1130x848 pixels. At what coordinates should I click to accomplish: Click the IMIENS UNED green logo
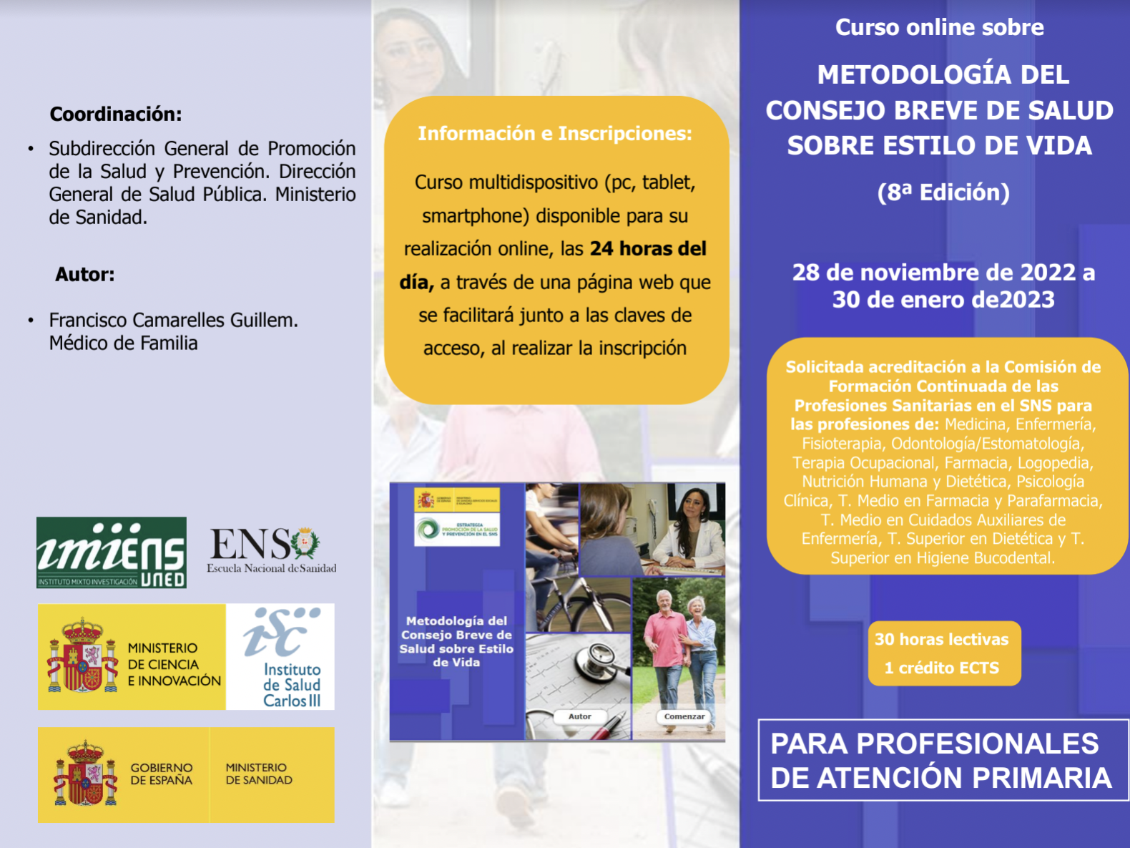click(112, 552)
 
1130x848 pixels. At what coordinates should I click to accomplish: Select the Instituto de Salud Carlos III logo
click(280, 657)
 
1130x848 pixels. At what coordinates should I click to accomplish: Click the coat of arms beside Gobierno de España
click(86, 774)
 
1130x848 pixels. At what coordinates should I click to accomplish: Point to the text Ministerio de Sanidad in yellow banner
click(259, 774)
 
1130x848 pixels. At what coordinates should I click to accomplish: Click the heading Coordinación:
click(116, 114)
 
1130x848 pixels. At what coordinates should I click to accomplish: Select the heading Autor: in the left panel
click(85, 275)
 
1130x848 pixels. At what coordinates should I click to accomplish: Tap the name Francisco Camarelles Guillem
click(173, 320)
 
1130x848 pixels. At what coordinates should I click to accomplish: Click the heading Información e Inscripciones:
click(555, 134)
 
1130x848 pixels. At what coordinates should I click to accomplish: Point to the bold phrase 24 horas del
click(648, 249)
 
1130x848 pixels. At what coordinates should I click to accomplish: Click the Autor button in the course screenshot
click(579, 716)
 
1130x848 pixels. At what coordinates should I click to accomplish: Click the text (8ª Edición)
click(943, 192)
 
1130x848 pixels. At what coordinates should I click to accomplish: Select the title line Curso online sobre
click(940, 27)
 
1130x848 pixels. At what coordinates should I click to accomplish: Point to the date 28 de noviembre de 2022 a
click(943, 273)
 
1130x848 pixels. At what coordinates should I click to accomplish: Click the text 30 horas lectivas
click(941, 639)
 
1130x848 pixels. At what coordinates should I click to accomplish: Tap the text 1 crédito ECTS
click(941, 668)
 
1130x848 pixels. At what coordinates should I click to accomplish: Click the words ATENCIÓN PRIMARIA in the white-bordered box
click(1005, 778)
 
